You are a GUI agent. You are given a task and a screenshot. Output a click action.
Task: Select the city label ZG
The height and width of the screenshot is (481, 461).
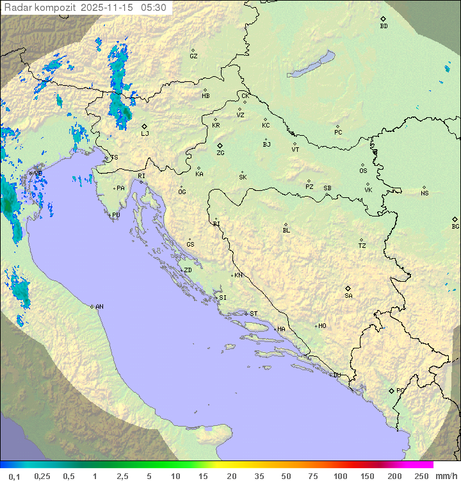pos(220,153)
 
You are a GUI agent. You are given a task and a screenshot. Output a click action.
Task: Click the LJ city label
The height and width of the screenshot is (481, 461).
pos(145,133)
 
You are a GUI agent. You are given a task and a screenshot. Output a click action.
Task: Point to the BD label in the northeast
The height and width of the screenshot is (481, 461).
pos(384,26)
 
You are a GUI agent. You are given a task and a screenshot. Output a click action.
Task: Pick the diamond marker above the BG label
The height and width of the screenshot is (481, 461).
pos(455,219)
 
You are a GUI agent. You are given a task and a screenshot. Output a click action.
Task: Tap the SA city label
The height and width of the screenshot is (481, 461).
pos(348,295)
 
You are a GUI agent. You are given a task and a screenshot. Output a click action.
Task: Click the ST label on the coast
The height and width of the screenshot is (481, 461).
pos(254,314)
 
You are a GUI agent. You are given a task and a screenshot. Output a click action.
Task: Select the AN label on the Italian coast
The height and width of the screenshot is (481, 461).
pos(99,307)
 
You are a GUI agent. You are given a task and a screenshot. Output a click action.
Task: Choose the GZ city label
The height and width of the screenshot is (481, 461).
pos(193,56)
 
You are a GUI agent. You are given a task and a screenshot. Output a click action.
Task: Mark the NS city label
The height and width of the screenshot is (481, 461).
pos(425,193)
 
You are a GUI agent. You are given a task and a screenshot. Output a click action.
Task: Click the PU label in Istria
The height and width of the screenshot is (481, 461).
pos(116,215)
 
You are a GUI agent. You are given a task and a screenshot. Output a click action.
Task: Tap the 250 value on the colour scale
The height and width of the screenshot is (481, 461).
pos(421,476)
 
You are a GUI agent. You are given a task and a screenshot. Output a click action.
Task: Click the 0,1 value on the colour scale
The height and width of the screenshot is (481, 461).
pos(14,476)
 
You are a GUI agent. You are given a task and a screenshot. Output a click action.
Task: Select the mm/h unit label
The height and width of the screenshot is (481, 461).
pos(445,476)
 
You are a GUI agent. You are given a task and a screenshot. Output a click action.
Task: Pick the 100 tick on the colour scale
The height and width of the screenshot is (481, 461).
pos(340,476)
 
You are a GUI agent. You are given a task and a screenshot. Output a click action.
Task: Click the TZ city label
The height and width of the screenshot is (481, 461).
pos(362,245)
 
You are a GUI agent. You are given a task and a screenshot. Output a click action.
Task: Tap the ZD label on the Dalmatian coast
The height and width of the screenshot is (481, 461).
pos(188,270)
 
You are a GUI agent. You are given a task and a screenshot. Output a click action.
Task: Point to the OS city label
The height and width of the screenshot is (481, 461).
pos(363,171)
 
